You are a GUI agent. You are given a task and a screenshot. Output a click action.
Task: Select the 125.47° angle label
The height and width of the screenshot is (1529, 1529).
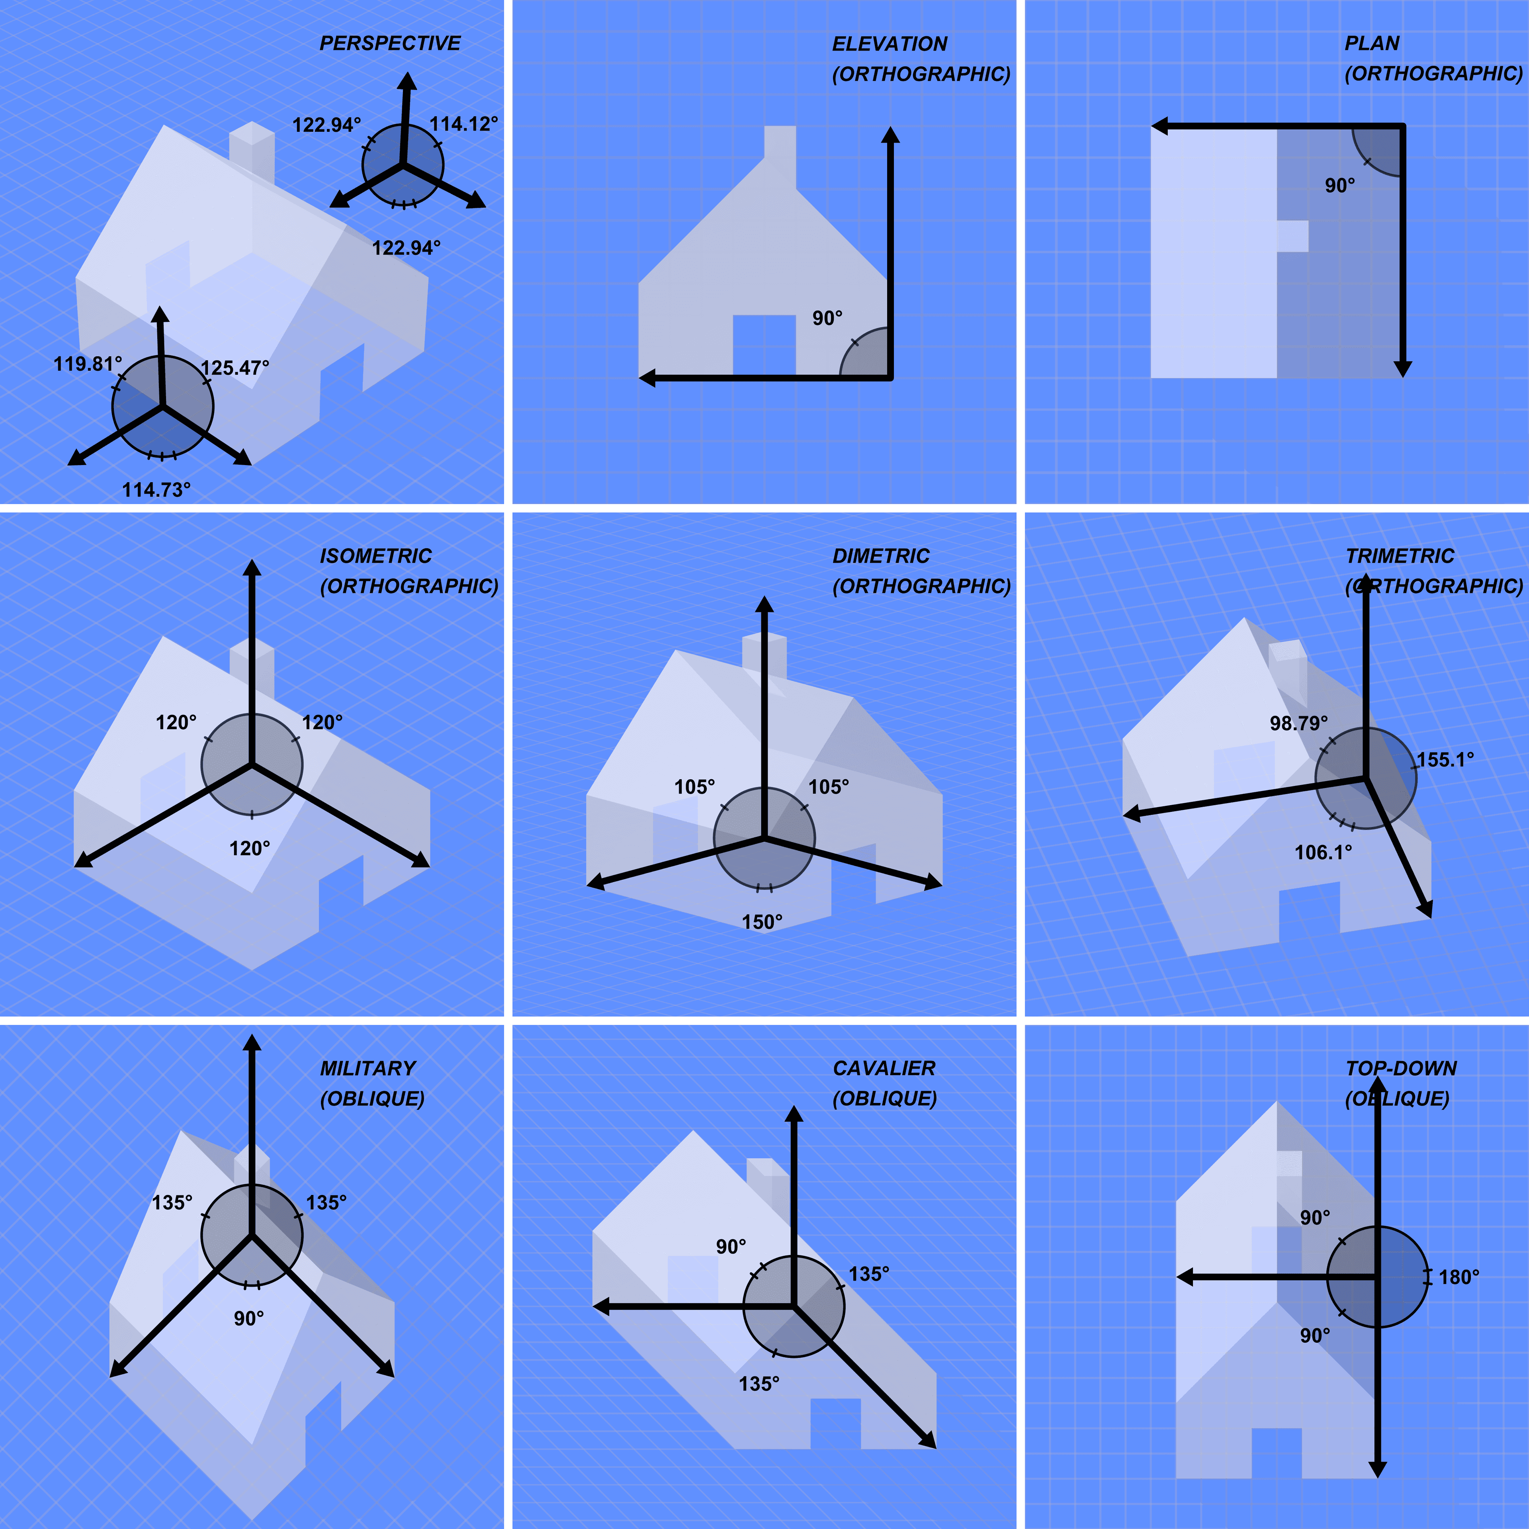235,368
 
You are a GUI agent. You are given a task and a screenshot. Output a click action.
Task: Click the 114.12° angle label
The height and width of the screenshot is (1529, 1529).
464,124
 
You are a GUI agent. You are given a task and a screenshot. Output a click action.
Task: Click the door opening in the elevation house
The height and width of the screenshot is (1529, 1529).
764,345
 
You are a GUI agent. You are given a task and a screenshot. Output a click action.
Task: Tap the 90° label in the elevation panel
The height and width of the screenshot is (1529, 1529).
827,318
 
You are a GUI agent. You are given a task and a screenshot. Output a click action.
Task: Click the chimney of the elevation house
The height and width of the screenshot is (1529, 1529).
780,147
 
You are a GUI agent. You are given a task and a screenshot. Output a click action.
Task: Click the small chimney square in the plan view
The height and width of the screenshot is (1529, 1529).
1292,236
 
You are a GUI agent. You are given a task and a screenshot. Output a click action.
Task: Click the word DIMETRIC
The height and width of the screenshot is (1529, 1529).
880,556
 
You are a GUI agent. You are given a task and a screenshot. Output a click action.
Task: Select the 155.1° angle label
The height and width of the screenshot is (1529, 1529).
1445,760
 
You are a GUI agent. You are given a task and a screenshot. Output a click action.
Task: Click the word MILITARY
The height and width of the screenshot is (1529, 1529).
367,1068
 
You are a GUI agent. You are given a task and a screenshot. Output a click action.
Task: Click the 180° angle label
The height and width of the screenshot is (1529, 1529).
1459,1277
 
